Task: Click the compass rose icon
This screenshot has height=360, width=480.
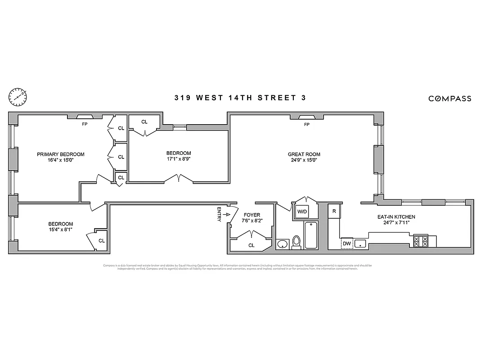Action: point(18,96)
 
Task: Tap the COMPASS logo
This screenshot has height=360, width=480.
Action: point(449,99)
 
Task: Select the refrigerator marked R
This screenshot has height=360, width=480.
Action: point(334,211)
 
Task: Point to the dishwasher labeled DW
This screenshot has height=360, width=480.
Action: point(346,243)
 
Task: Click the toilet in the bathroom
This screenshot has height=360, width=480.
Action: point(296,243)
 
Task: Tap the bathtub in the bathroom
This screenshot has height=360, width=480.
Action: point(311,235)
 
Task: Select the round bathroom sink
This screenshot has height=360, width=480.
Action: point(283,244)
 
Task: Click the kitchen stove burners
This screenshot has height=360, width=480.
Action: point(421,241)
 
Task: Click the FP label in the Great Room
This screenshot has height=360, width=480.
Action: point(307,125)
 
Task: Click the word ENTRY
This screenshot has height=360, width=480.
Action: point(219,214)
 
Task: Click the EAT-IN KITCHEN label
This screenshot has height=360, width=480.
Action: point(396,217)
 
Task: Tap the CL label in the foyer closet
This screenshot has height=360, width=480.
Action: point(251,245)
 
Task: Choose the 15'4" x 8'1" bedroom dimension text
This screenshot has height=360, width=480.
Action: point(60,229)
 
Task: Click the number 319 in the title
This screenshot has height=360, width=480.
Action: point(182,98)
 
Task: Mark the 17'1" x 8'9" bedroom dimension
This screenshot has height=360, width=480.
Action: point(179,158)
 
